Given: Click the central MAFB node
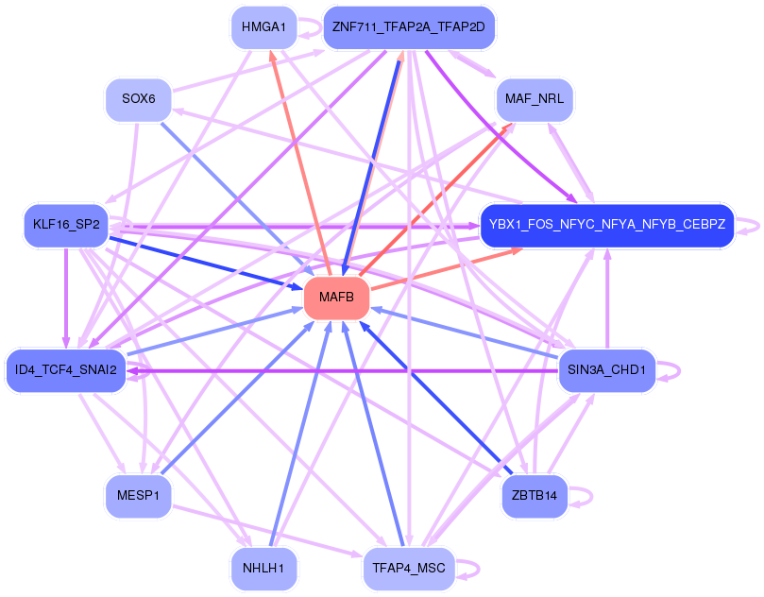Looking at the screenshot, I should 336,298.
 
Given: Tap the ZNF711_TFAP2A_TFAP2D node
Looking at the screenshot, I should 409,27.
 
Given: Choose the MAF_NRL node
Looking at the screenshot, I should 534,98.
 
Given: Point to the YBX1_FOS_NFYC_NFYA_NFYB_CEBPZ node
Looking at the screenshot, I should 606,225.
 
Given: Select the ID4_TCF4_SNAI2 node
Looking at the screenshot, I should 65,369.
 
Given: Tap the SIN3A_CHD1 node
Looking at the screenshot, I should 606,369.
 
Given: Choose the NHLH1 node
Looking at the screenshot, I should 263,568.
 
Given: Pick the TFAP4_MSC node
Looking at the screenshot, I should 409,568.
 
